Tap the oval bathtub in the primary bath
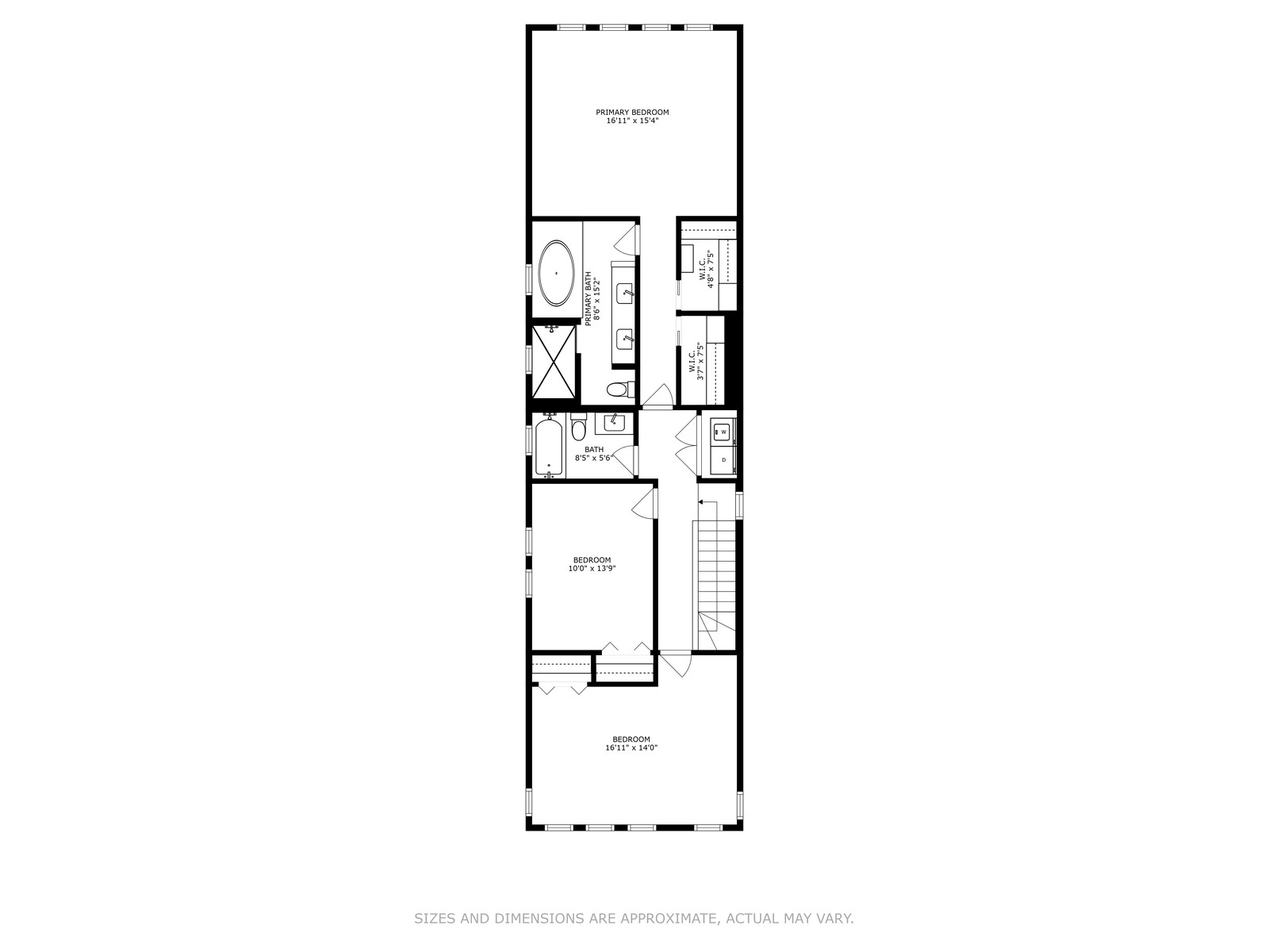(557, 273)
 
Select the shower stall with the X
(554, 362)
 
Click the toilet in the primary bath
(620, 390)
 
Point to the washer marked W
(723, 432)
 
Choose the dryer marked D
(723, 459)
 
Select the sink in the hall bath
(614, 424)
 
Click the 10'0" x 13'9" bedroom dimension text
(592, 568)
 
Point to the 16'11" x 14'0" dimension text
(631, 747)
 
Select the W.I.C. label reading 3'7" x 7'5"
(696, 361)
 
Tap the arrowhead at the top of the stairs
(700, 501)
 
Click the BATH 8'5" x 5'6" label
(594, 453)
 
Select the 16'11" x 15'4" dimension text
(632, 121)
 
